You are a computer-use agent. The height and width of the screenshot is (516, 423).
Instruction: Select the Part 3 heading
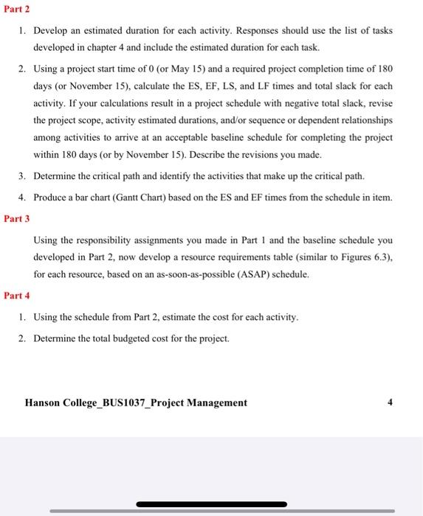point(16,218)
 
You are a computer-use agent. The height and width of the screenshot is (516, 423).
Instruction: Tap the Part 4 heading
point(16,296)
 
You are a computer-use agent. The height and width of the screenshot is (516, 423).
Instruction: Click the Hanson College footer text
point(136,402)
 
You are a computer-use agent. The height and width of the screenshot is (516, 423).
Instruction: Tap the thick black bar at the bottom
point(211,503)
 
